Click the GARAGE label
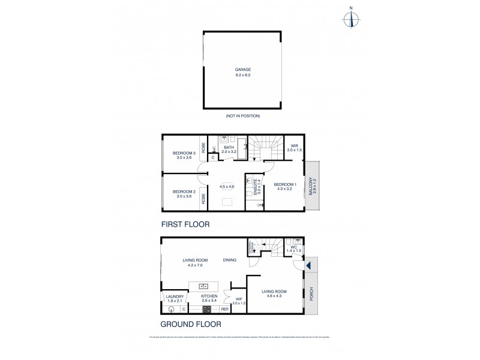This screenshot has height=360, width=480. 243,69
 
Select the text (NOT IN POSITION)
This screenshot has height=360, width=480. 243,115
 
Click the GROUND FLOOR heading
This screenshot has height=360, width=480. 191,324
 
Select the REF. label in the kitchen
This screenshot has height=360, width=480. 225,309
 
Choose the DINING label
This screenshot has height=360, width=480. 229,260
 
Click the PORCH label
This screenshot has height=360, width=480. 311,294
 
